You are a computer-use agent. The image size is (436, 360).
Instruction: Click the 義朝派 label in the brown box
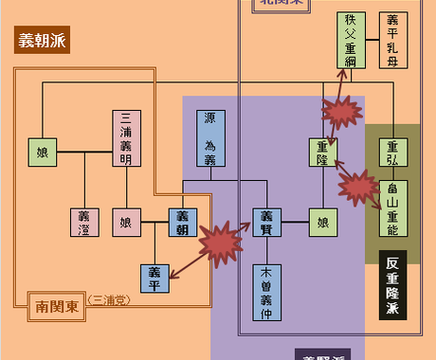point(44,41)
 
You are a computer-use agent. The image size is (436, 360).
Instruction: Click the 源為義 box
point(210,138)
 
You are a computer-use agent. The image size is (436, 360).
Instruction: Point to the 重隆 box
point(323,152)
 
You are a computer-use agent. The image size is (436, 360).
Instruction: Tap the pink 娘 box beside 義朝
point(126,223)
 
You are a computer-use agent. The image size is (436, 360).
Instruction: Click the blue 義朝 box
point(183,223)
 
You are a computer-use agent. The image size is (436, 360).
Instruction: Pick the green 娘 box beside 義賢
point(323,223)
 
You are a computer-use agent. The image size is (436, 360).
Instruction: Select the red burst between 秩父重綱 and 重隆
point(341,112)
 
